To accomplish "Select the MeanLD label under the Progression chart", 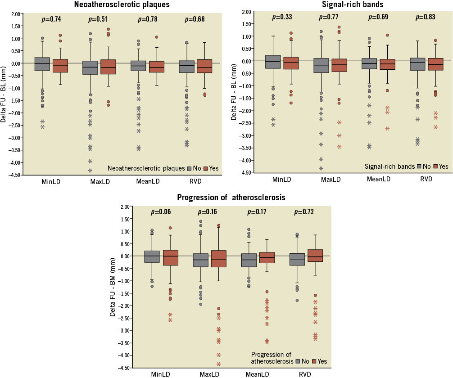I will (x=258, y=374).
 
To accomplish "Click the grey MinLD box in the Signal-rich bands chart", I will (x=272, y=62).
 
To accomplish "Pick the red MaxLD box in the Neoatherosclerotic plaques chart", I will (x=109, y=67).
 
